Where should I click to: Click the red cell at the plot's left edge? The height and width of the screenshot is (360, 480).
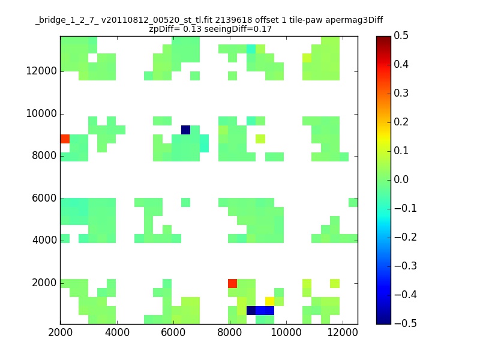coord(65,139)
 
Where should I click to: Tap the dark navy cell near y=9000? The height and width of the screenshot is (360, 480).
coord(185,130)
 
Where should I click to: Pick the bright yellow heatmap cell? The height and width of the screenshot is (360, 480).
coord(269,301)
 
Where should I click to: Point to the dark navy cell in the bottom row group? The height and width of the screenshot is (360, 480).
coord(251,310)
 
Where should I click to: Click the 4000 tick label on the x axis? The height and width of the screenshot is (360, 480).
coord(117,332)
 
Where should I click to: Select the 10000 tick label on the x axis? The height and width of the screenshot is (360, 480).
coord(286,332)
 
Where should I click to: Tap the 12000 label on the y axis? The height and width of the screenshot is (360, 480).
coord(41,71)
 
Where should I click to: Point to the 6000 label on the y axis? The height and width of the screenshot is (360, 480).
coord(44,198)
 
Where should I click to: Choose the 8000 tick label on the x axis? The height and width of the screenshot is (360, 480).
coord(230,332)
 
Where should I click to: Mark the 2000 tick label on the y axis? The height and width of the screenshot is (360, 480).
coord(44,283)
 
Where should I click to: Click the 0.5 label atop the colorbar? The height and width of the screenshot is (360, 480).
coord(401,35)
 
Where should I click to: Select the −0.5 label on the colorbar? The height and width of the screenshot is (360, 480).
coord(406,323)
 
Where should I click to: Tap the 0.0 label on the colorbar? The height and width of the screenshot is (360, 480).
coord(401,179)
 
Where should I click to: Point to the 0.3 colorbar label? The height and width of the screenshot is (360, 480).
coord(401,93)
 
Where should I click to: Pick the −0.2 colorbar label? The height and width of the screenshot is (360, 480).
coord(406,237)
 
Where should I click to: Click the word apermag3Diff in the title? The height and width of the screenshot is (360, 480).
coord(354,20)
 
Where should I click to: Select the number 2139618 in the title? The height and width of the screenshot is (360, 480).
coord(233,20)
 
